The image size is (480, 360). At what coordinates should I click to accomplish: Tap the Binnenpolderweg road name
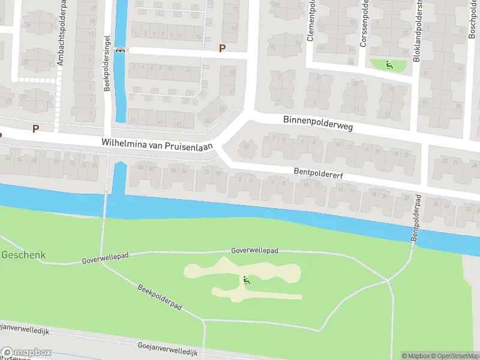[x=318, y=124]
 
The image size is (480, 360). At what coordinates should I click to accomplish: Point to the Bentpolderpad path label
[x=415, y=219]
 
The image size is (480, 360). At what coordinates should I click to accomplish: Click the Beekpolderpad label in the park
[x=160, y=296]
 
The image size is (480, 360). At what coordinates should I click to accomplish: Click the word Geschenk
[x=23, y=254]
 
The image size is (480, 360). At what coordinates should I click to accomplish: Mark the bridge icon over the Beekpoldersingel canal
[x=121, y=50]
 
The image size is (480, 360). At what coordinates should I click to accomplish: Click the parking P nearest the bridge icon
[x=222, y=48]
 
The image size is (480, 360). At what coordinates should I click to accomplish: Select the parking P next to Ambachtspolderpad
[x=35, y=128]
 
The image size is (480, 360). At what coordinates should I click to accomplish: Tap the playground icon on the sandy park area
[x=245, y=280]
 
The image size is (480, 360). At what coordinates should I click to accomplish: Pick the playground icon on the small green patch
[x=389, y=65]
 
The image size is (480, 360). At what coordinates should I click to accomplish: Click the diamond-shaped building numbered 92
[x=246, y=146]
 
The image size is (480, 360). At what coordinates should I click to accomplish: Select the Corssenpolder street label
[x=364, y=24]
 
